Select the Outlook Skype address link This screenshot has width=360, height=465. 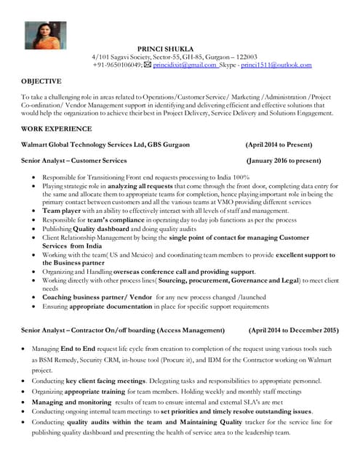(276, 65)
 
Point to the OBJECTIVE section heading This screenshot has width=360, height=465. (41, 81)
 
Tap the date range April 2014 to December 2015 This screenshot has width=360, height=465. (293, 330)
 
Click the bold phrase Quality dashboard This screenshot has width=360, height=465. (99, 228)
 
